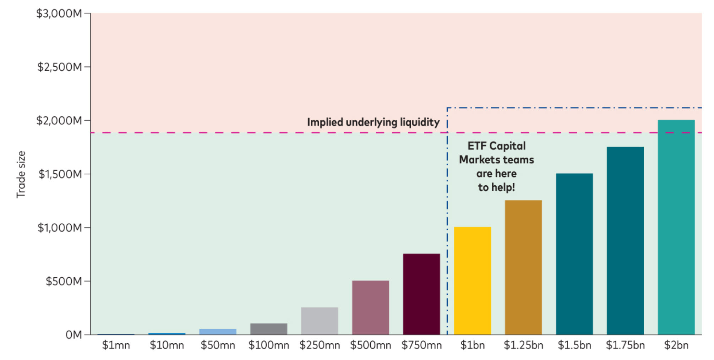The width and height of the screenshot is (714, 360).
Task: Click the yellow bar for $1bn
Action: (x=472, y=280)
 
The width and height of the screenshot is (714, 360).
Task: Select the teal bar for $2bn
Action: (x=676, y=227)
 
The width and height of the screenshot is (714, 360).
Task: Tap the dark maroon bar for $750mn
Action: (x=421, y=294)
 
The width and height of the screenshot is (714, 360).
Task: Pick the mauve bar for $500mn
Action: (x=370, y=307)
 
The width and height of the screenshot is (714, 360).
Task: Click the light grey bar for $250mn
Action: (x=320, y=321)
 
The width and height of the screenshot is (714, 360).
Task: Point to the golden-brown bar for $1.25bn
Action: (x=523, y=267)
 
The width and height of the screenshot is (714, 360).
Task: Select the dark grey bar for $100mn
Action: (x=269, y=329)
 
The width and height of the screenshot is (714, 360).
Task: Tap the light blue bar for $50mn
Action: (x=218, y=332)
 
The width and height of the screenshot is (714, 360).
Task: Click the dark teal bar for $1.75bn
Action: (x=625, y=240)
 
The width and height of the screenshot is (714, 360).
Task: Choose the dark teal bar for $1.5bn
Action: (x=574, y=254)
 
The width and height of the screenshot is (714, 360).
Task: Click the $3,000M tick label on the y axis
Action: (x=59, y=13)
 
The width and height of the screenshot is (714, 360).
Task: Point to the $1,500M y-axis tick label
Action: (x=60, y=174)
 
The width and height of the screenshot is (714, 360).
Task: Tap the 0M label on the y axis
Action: (x=73, y=334)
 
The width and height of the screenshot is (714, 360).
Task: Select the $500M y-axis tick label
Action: (x=64, y=281)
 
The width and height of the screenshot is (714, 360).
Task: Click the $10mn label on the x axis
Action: (x=167, y=345)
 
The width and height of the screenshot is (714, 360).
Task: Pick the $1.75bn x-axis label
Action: (x=625, y=345)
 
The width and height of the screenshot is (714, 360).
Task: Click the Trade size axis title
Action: (x=21, y=174)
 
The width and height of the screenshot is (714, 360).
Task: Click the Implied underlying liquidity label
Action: (x=373, y=122)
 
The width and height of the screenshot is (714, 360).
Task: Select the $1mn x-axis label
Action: (x=116, y=345)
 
